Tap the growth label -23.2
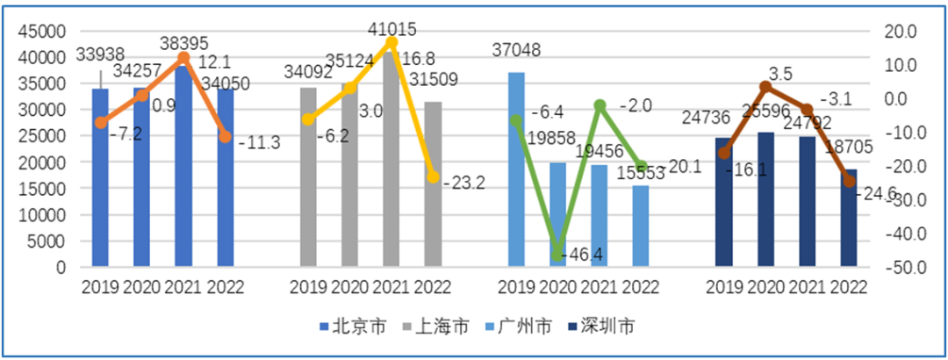pyautogui.click(x=466, y=184)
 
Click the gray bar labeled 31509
pyautogui.click(x=433, y=184)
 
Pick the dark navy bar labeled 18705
pyautogui.click(x=849, y=219)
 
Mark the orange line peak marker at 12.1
pyautogui.click(x=183, y=58)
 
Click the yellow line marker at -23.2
pyautogui.click(x=433, y=176)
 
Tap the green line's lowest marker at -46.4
pyautogui.click(x=557, y=256)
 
